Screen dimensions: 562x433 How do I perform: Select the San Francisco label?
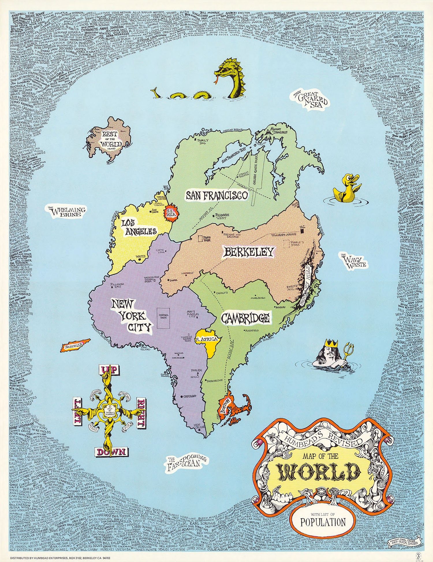coord(217,196)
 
